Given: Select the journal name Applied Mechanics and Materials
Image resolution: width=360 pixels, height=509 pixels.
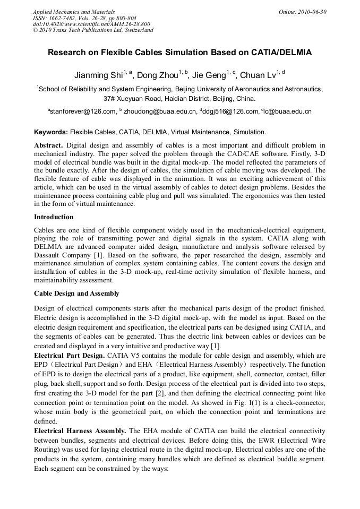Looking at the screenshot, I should click(74, 12).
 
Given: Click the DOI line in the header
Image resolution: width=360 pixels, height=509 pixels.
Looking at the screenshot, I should click(91, 24).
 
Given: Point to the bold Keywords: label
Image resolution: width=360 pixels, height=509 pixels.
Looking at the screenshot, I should click(51, 132).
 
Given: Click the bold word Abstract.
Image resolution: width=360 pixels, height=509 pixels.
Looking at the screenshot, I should click(48, 145).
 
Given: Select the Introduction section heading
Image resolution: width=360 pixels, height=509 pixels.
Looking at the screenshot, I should click(54, 217).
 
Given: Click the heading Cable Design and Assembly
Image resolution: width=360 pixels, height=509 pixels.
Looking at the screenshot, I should click(76, 294).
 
